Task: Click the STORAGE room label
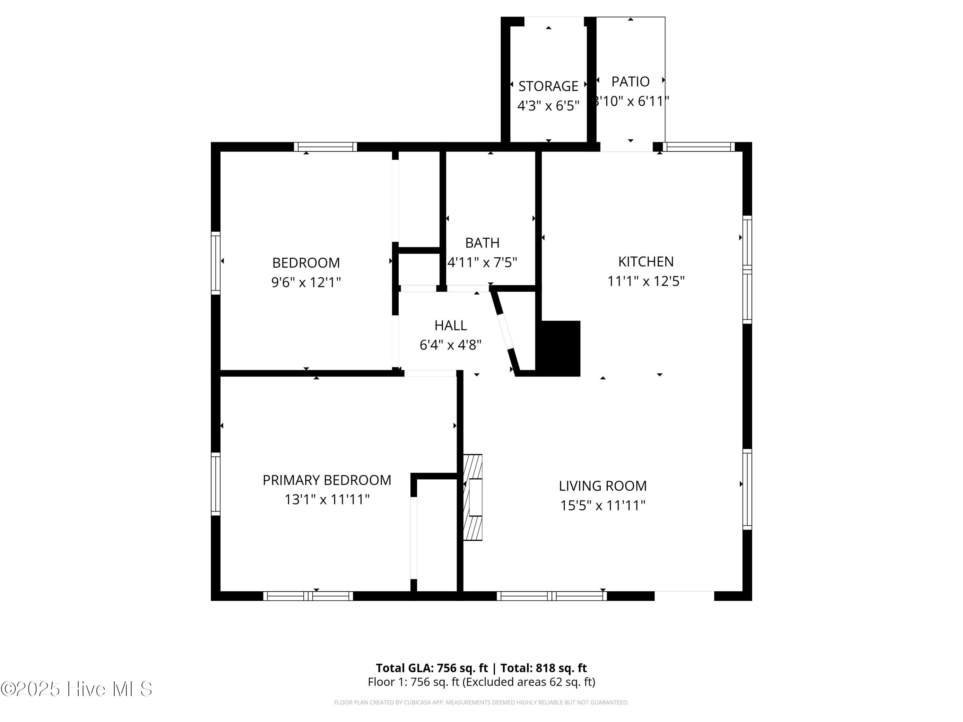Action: pyautogui.click(x=548, y=86)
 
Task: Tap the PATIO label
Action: pyautogui.click(x=630, y=82)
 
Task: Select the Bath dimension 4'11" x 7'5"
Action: pyautogui.click(x=482, y=262)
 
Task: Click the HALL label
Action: pyautogui.click(x=451, y=325)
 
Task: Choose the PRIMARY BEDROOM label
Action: pyautogui.click(x=327, y=480)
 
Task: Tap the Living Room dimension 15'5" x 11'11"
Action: pyautogui.click(x=603, y=505)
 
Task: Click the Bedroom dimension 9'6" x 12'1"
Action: pyautogui.click(x=306, y=282)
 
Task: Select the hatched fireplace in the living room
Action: pyautogui.click(x=473, y=497)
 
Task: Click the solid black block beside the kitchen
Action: pyautogui.click(x=558, y=348)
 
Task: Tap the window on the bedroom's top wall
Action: pyautogui.click(x=325, y=147)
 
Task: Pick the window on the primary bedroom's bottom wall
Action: pyautogui.click(x=308, y=596)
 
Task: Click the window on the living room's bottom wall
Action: pyautogui.click(x=551, y=596)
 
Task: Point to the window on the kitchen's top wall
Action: pyautogui.click(x=699, y=147)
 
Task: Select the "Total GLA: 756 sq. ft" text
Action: pyautogui.click(x=432, y=668)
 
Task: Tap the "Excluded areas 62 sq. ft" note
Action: pyautogui.click(x=528, y=682)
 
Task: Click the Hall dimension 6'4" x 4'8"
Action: pyautogui.click(x=451, y=345)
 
